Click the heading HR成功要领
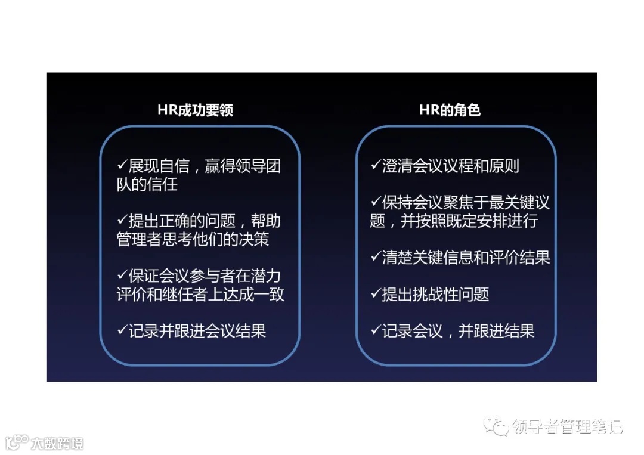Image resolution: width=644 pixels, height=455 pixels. (x=195, y=110)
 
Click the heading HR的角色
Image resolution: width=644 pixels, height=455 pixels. (x=450, y=110)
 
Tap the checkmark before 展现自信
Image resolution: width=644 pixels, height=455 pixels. (x=122, y=165)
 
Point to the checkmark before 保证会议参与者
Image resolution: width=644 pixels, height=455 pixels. (x=122, y=276)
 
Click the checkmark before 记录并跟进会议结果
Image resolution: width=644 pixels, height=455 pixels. (x=122, y=330)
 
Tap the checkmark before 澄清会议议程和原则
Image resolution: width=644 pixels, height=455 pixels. (x=376, y=165)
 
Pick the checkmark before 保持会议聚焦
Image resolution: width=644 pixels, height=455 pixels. (x=376, y=202)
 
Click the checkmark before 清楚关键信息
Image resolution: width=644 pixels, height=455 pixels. (x=376, y=257)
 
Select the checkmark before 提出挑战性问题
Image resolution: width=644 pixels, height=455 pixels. (x=376, y=294)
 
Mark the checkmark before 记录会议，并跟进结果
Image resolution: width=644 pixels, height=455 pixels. (x=376, y=330)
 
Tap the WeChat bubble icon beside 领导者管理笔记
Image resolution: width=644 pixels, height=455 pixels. (x=497, y=426)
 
